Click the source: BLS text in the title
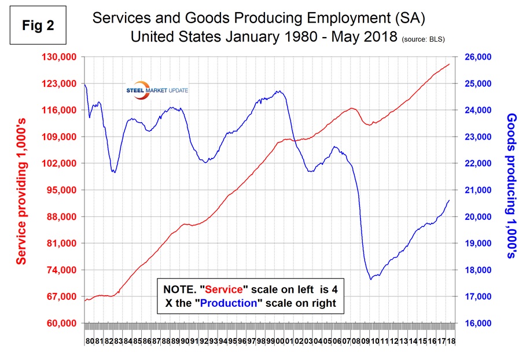(x=428, y=39)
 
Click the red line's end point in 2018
(x=450, y=64)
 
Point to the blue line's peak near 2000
(x=279, y=91)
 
